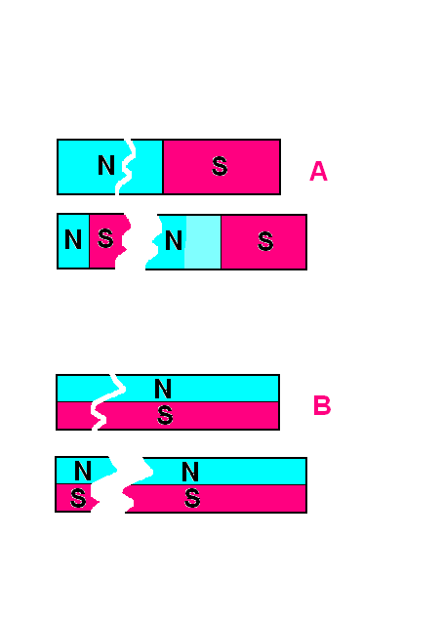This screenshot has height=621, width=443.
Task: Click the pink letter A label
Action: pyautogui.click(x=318, y=171)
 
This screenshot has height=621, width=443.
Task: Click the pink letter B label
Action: pyautogui.click(x=322, y=405)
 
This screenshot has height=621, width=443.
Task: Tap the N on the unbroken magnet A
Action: pyautogui.click(x=106, y=165)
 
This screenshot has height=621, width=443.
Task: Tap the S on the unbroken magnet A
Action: pyautogui.click(x=220, y=166)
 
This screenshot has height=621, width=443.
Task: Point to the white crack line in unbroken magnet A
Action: pyautogui.click(x=126, y=167)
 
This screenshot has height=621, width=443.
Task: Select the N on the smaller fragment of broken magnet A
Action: pyautogui.click(x=73, y=239)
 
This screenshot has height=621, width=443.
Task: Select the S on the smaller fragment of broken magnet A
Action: pyautogui.click(x=105, y=238)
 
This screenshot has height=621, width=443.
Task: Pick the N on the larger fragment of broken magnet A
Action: pyautogui.click(x=174, y=240)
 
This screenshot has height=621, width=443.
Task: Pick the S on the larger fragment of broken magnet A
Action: pyautogui.click(x=265, y=241)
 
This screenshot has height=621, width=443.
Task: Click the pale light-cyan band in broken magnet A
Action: pyautogui.click(x=203, y=241)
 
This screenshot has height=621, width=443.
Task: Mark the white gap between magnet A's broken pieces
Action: pyautogui.click(x=139, y=241)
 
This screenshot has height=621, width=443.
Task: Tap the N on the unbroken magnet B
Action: pyautogui.click(x=163, y=389)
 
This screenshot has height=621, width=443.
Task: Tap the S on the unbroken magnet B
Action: pyautogui.click(x=165, y=415)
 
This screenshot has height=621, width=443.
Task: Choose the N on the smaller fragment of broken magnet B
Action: pyautogui.click(x=83, y=471)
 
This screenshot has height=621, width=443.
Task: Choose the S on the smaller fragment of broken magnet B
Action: pyautogui.click(x=78, y=498)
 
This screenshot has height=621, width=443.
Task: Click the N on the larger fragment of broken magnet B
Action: pyautogui.click(x=190, y=472)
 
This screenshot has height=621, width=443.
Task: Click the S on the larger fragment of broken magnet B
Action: pyautogui.click(x=192, y=498)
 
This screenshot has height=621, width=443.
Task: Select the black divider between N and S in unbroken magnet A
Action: pyautogui.click(x=163, y=167)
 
